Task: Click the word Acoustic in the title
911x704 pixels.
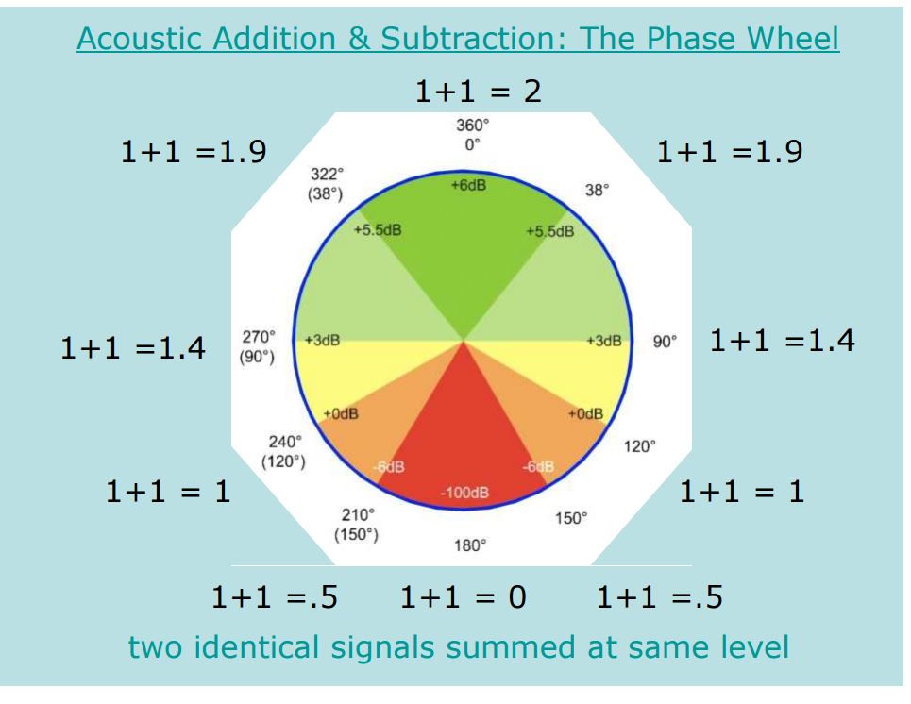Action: (x=142, y=39)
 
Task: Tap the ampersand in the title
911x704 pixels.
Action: (x=360, y=39)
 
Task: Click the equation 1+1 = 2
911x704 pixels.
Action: (x=479, y=92)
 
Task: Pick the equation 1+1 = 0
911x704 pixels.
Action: (x=464, y=596)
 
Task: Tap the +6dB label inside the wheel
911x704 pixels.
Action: (x=468, y=185)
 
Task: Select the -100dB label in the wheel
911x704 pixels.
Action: (x=464, y=493)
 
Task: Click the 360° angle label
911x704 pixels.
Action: (x=472, y=125)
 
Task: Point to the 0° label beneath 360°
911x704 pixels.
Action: (x=472, y=144)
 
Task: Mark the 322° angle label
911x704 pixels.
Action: (x=327, y=174)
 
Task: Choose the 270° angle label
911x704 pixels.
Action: (x=259, y=337)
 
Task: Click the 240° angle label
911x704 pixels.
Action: (x=285, y=442)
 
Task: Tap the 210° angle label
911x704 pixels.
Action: (x=358, y=514)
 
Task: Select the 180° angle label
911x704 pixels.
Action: (x=470, y=545)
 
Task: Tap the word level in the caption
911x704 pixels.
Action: (x=754, y=646)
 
